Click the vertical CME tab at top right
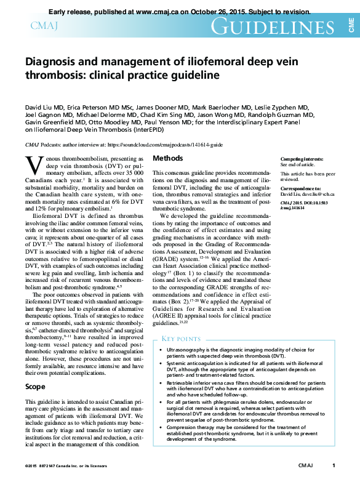click(x=351, y=25)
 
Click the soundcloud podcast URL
click(x=165, y=144)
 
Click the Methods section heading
click(x=167, y=158)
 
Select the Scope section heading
click(x=35, y=387)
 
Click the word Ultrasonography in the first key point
click(x=188, y=349)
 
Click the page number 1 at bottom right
click(x=333, y=466)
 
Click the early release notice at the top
click(x=179, y=12)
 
